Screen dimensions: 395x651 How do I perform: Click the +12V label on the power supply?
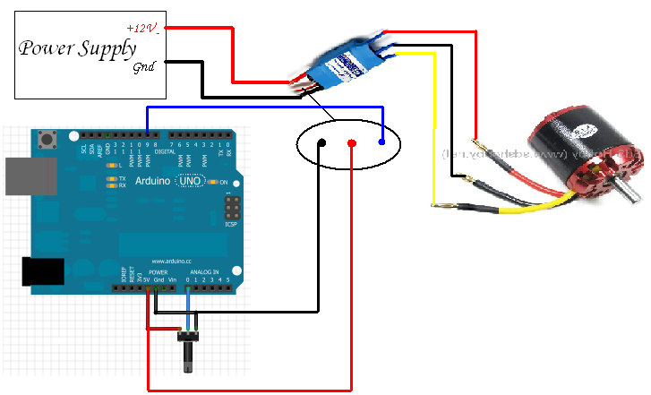(x=142, y=29)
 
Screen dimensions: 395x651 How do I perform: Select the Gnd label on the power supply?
(x=143, y=67)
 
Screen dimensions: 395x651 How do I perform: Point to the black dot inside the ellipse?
(x=321, y=142)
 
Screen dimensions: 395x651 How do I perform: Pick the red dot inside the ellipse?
(x=353, y=143)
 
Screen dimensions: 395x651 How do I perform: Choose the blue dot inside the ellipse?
(x=382, y=142)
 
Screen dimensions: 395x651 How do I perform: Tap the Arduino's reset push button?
(x=45, y=139)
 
